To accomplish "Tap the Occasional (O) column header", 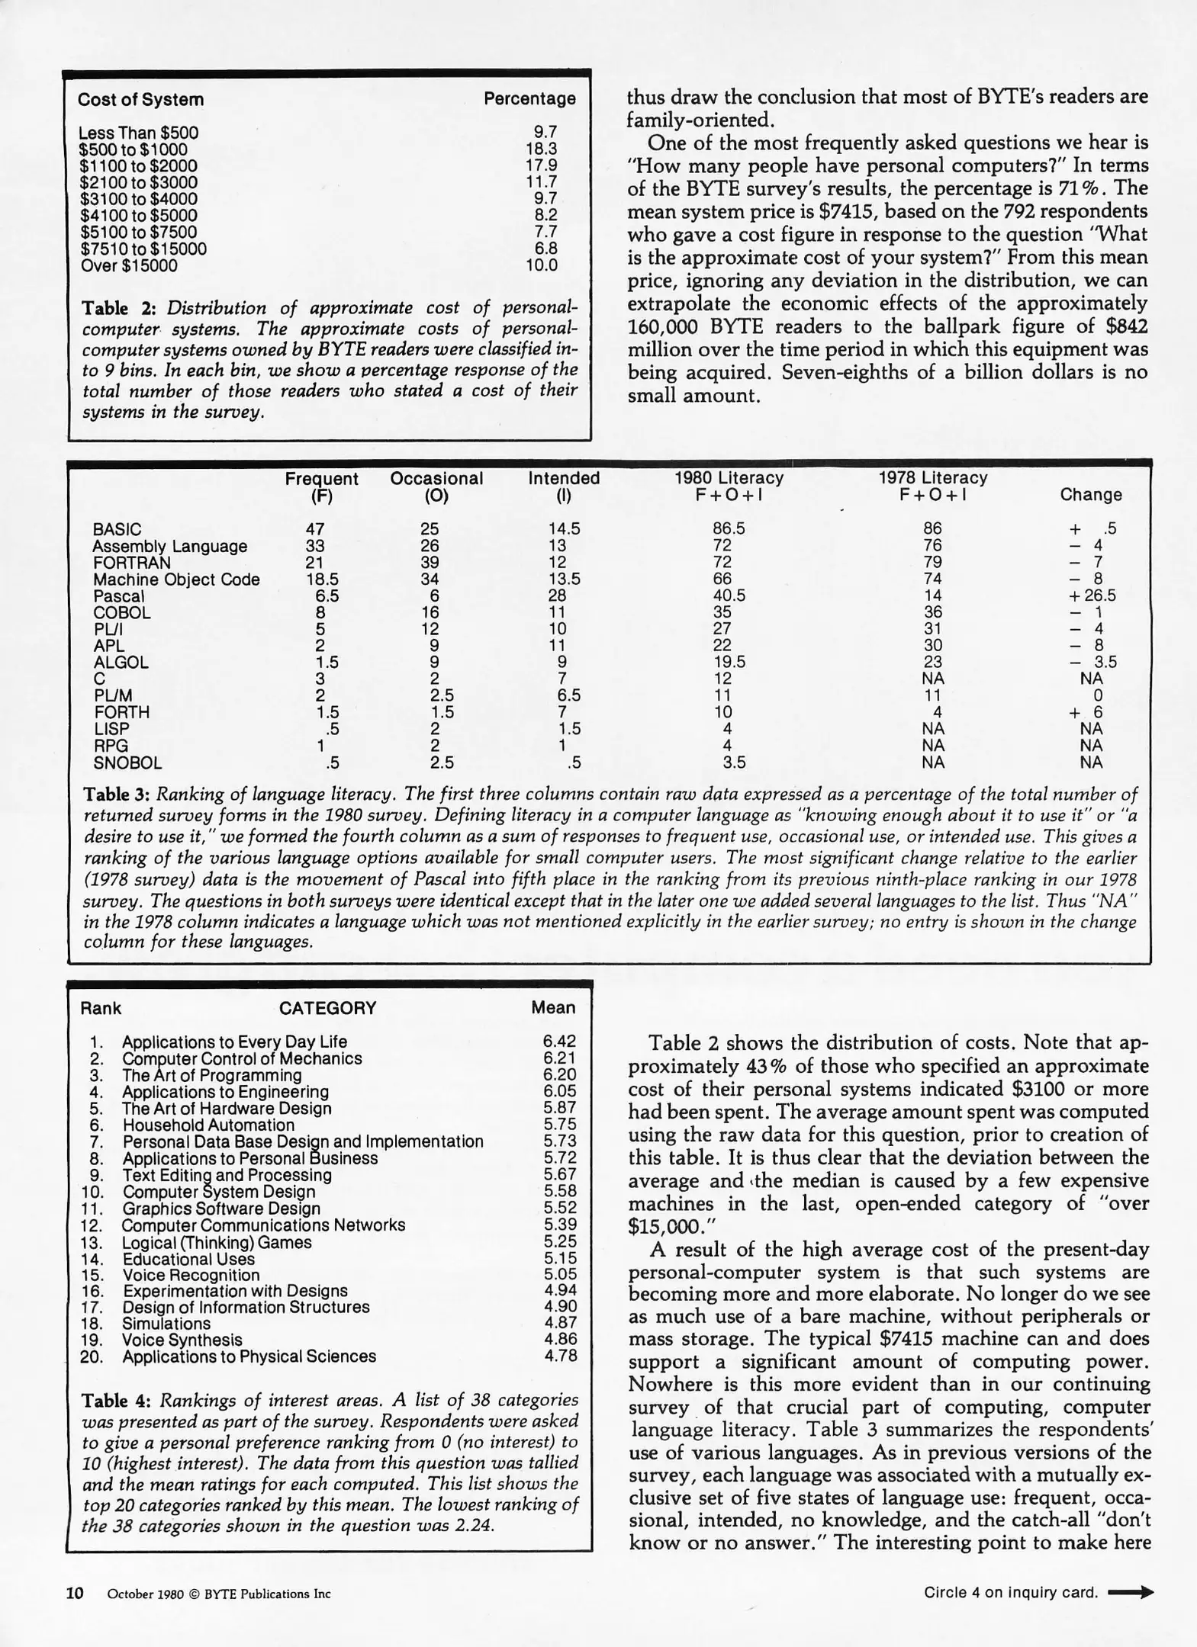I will click(x=436, y=486).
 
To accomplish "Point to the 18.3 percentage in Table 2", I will click(x=541, y=149).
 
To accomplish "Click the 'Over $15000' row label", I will click(x=128, y=266).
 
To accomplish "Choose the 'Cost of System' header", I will click(x=140, y=100).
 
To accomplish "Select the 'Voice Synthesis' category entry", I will click(x=182, y=1340).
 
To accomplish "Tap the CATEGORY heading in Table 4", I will click(x=327, y=1008).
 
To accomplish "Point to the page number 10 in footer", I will click(x=75, y=1593).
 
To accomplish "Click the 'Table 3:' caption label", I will click(x=116, y=795).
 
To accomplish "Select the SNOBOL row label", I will click(x=127, y=762).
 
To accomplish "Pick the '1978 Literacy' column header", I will click(x=932, y=478).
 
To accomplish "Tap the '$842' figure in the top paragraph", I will click(x=1126, y=326).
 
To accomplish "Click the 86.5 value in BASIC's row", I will click(x=728, y=529).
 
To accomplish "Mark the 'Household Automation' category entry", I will click(x=208, y=1125).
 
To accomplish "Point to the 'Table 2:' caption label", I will click(x=118, y=308).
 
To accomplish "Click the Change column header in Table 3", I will click(x=1090, y=495).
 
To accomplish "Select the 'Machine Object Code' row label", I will click(x=176, y=579).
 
